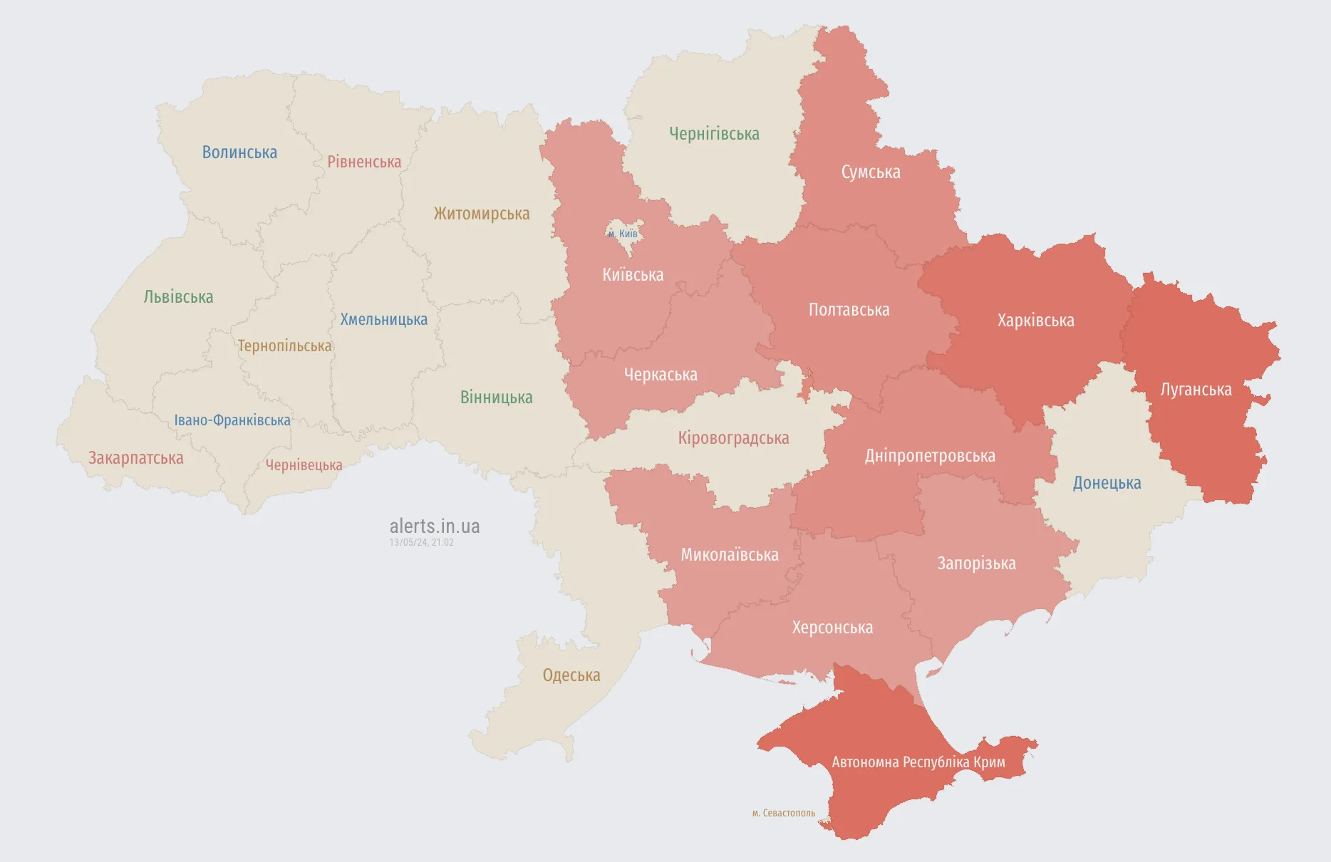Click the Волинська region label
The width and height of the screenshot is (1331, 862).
[239, 152]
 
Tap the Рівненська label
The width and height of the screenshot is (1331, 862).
[364, 162]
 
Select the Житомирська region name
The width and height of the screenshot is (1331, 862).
[482, 214]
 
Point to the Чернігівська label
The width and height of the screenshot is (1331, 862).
[714, 134]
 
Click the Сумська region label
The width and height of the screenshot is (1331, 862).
[871, 172]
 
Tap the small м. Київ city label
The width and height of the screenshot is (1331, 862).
[623, 234]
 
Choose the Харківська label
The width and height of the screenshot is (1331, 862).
[1035, 321]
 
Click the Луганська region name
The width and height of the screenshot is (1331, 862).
[1196, 390]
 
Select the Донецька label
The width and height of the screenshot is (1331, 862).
[1107, 483]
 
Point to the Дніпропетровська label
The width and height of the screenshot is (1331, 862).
[930, 456]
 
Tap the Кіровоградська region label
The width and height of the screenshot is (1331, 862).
[733, 438]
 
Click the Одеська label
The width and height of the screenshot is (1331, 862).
[571, 675]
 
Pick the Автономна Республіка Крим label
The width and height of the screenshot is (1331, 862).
[918, 762]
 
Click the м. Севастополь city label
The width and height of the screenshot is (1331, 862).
[783, 813]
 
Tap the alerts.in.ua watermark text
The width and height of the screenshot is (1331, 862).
[435, 526]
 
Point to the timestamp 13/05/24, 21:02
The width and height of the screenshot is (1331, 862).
[421, 543]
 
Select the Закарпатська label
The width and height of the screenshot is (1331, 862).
[135, 458]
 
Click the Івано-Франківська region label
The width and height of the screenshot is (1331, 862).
[232, 420]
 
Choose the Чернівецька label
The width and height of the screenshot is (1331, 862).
[304, 465]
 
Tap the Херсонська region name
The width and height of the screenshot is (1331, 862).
[832, 628]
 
